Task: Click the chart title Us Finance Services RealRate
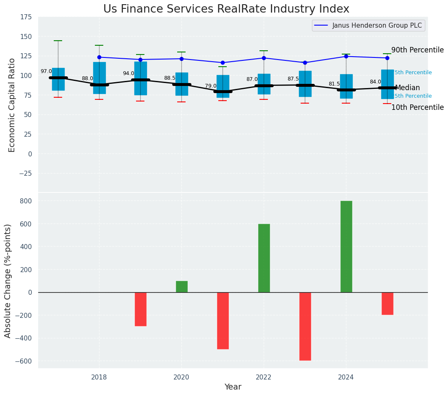(x=226, y=9)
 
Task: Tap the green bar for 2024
(x=346, y=247)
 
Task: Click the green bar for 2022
(x=264, y=258)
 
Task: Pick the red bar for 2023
(x=305, y=326)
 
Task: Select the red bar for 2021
(x=223, y=320)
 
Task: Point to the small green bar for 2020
(x=181, y=286)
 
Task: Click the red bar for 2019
(x=140, y=309)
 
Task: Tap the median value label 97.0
(x=46, y=72)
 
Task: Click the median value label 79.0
(x=211, y=86)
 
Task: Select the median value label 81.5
(x=334, y=84)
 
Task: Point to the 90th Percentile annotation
(x=417, y=50)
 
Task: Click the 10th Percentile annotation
(x=417, y=108)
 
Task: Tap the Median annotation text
(x=407, y=88)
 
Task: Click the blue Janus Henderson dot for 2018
(x=99, y=57)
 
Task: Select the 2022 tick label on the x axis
(x=264, y=377)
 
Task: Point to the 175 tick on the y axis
(x=26, y=17)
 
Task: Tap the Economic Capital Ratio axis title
(x=12, y=105)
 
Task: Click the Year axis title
(x=233, y=387)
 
